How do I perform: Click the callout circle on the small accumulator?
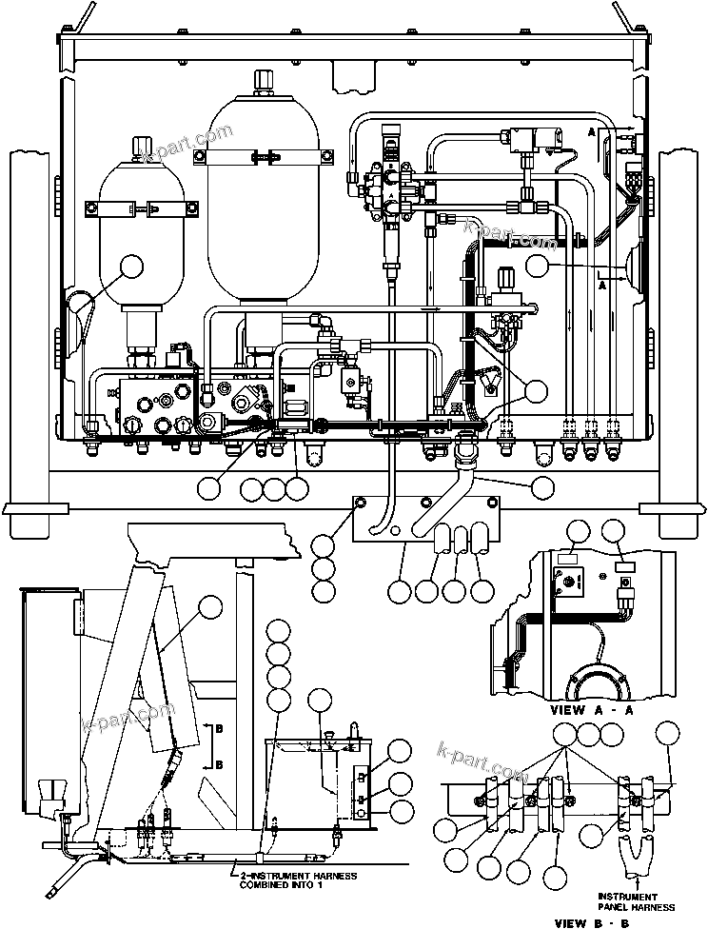click(x=131, y=267)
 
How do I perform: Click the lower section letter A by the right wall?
click(x=601, y=284)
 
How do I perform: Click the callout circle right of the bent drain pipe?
click(x=541, y=487)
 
